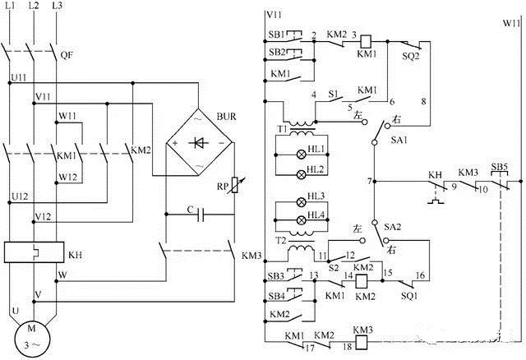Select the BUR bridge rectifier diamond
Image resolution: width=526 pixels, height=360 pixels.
click(197, 142)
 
